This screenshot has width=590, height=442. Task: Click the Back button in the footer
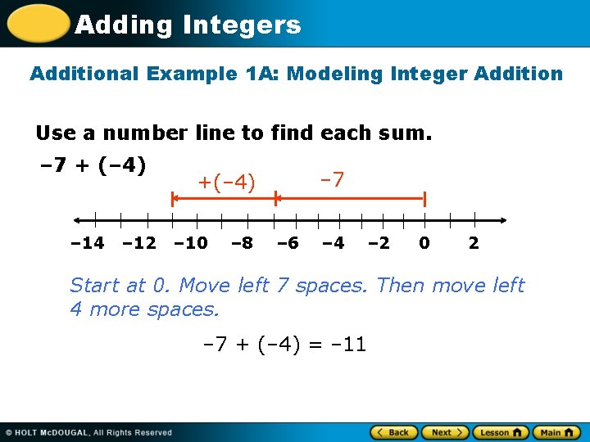(394, 432)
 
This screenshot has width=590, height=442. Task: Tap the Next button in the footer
(445, 432)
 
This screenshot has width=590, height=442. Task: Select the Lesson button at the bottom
(500, 432)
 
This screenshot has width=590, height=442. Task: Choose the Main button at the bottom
(555, 432)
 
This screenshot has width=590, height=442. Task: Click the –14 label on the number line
(87, 243)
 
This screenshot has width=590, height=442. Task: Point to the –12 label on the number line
(138, 243)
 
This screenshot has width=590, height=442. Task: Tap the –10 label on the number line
(190, 243)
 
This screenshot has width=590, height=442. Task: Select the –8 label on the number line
(242, 243)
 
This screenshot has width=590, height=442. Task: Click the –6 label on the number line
(288, 243)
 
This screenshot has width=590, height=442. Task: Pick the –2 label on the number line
(379, 243)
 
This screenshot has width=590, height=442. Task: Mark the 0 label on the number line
(424, 243)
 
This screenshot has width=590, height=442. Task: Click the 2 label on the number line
(474, 243)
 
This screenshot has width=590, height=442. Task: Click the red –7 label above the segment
(331, 178)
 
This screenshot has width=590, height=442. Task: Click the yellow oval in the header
(37, 24)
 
